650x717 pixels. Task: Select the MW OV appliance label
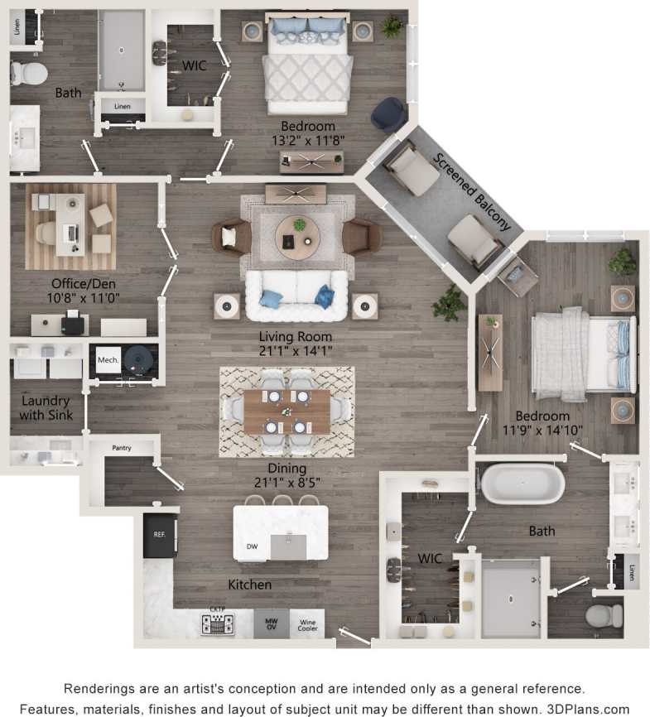[271, 622]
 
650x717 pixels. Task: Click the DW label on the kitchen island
[253, 546]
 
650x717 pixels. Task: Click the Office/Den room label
[72, 282]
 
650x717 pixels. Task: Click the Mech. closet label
[108, 359]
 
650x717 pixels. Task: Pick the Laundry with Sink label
[46, 407]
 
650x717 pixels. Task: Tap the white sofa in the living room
[296, 296]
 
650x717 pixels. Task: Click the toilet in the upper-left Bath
[28, 73]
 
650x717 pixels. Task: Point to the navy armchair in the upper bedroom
[388, 114]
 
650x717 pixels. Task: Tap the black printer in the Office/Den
[73, 322]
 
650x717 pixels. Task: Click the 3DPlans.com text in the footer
[585, 709]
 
